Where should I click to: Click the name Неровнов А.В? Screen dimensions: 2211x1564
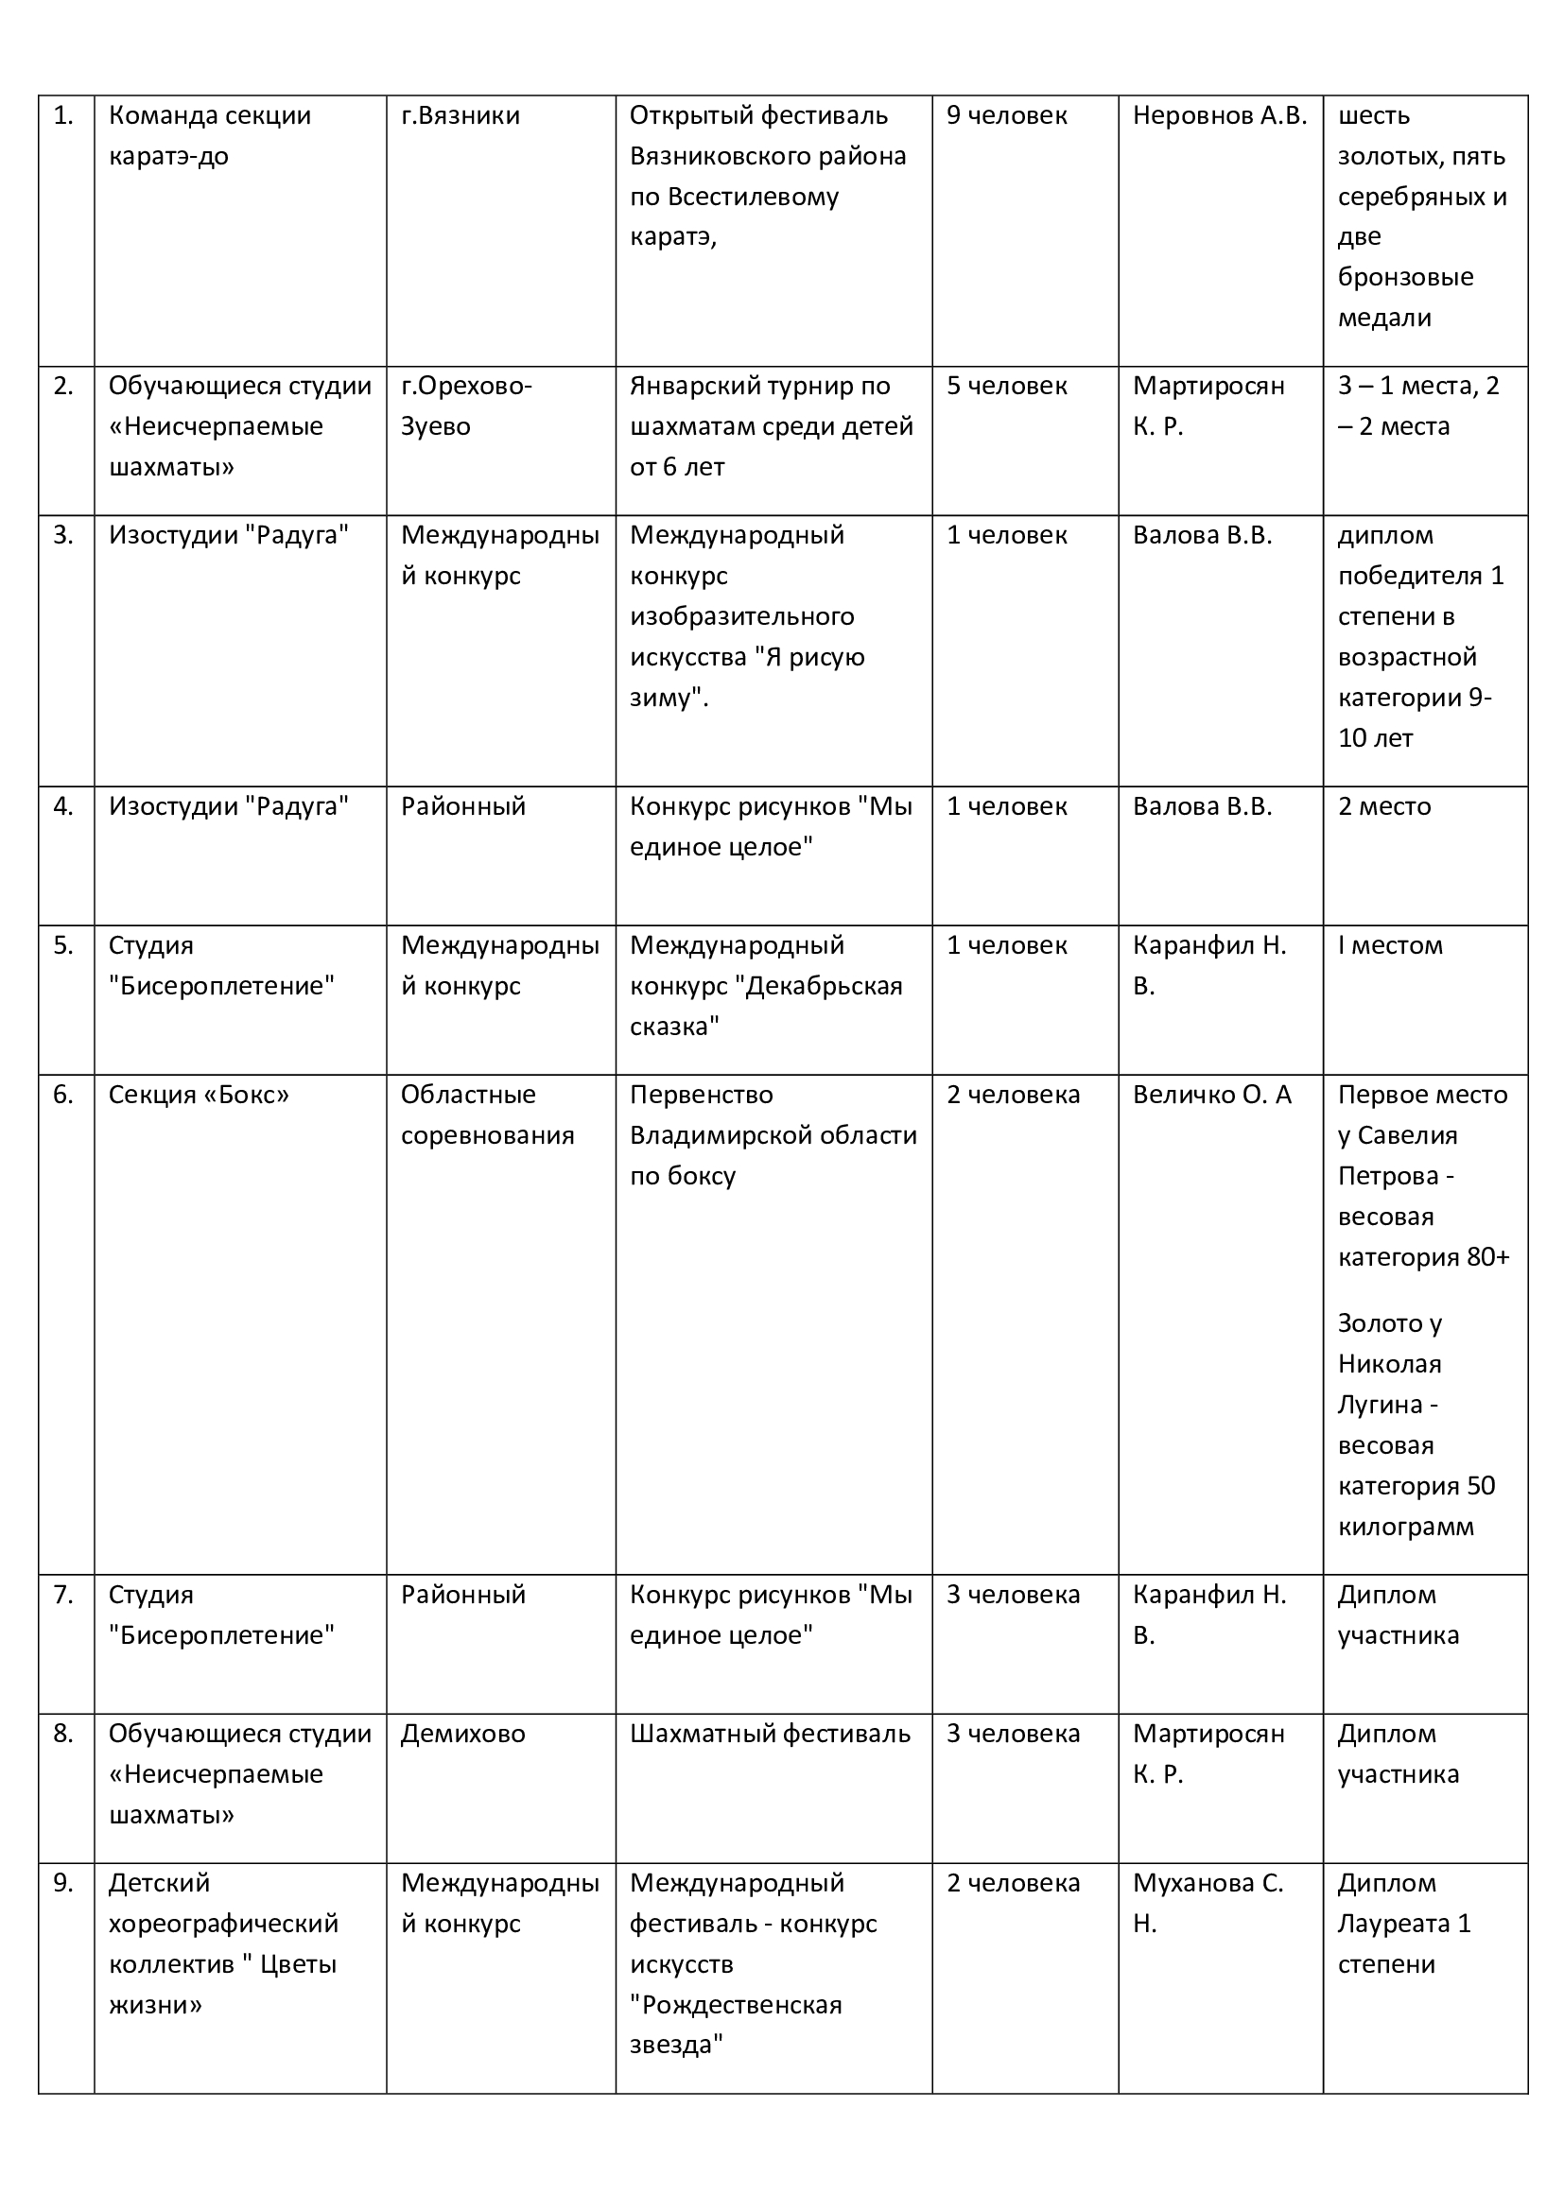pos(1219,115)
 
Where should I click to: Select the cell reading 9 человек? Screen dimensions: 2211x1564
pos(1006,115)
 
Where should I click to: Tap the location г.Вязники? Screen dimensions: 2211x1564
pos(461,115)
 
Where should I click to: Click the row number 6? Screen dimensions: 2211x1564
pos(63,1095)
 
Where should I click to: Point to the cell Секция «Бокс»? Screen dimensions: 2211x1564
pos(199,1095)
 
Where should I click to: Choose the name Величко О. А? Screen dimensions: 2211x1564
pos(1211,1095)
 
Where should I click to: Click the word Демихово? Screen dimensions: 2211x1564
pos(463,1734)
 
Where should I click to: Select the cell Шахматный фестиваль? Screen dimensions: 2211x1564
pos(770,1734)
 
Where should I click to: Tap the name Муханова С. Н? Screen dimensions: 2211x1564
pos(1208,1903)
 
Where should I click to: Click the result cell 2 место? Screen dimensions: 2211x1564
pos(1384,806)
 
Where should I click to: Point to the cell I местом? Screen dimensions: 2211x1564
pos(1390,945)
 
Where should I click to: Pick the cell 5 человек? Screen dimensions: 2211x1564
pos(1006,387)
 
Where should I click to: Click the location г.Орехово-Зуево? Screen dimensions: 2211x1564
pos(466,406)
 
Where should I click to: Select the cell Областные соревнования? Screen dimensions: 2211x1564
pos(487,1115)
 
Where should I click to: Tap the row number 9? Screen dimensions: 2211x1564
pos(63,1883)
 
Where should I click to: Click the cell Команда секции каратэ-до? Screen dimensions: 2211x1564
pos(209,136)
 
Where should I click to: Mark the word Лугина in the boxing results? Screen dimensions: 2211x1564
pos(1378,1405)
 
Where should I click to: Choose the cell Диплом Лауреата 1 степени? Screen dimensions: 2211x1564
pos(1404,1923)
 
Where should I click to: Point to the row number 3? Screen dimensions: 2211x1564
pos(63,535)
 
